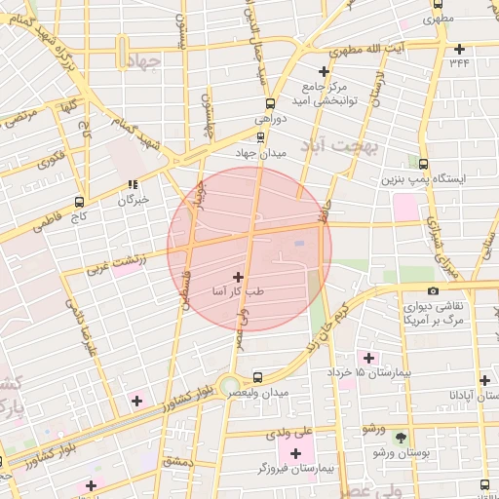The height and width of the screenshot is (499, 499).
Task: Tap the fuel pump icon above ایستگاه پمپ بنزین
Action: coord(422,163)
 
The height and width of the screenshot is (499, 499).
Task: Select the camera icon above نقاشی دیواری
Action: coord(433,290)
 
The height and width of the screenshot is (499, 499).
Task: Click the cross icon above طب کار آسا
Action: coord(239,278)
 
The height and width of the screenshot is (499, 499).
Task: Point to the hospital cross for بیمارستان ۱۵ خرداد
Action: coord(367,357)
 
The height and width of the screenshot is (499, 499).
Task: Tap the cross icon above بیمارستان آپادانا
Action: coord(485,380)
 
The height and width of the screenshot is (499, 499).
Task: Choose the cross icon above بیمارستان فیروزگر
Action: coord(295,453)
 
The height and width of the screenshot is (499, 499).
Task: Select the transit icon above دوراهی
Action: coord(270,103)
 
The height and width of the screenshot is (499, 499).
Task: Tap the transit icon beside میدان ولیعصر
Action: coord(257,377)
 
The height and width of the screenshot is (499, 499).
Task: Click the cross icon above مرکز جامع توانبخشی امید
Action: coord(324,71)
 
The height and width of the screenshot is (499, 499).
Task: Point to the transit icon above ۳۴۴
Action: coord(459,48)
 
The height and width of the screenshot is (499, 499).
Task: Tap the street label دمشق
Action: coord(180,460)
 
